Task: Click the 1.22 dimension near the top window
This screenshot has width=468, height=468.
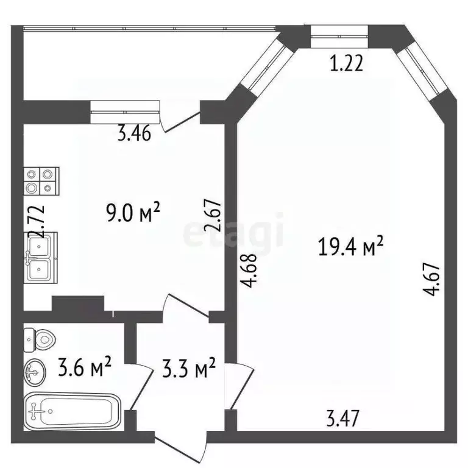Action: tap(347, 63)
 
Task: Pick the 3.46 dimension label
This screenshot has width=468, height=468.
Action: tap(135, 134)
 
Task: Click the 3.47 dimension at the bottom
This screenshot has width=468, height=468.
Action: tap(343, 419)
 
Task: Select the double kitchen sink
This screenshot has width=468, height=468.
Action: tap(41, 257)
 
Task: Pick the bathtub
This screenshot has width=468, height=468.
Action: tap(72, 413)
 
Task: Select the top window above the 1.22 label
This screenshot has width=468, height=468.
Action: tap(338, 37)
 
